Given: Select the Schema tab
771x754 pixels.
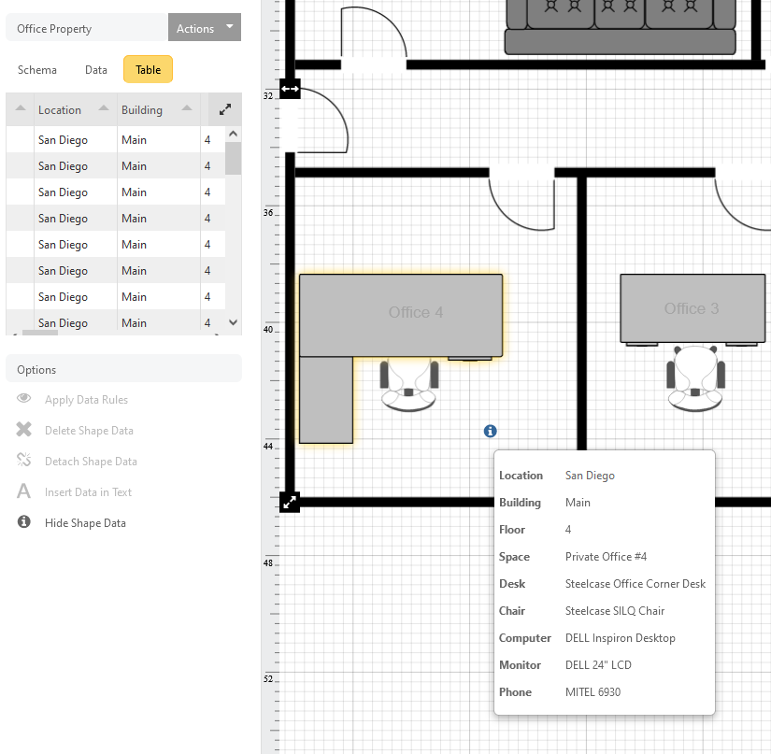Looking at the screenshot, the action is pyautogui.click(x=37, y=70).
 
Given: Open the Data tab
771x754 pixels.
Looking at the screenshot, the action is pyautogui.click(x=96, y=70).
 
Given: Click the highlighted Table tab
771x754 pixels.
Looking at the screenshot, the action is pyautogui.click(x=148, y=69).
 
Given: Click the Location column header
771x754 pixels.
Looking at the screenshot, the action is pyautogui.click(x=60, y=110).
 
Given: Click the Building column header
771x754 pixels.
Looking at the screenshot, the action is pyautogui.click(x=142, y=110).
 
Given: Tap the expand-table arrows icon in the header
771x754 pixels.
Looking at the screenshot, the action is pyautogui.click(x=225, y=109).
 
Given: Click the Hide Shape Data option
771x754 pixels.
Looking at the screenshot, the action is pyautogui.click(x=85, y=523).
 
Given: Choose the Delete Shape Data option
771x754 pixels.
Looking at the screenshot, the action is pyautogui.click(x=89, y=431).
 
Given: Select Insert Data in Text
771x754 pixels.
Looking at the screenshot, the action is pyautogui.click(x=88, y=492).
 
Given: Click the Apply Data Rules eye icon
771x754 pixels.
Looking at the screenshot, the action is pyautogui.click(x=23, y=398).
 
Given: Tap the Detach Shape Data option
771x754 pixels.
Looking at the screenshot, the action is pyautogui.click(x=91, y=461).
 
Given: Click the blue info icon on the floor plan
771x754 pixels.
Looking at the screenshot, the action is pyautogui.click(x=491, y=431).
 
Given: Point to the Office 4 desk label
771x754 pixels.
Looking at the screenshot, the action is pyautogui.click(x=416, y=312).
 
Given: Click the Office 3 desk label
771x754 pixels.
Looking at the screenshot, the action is pyautogui.click(x=692, y=308).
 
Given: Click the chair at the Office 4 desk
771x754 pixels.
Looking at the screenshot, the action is pyautogui.click(x=409, y=386).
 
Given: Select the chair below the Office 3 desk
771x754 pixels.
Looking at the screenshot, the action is pyautogui.click(x=695, y=378).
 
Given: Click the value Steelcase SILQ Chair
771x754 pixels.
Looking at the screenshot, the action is pyautogui.click(x=615, y=611).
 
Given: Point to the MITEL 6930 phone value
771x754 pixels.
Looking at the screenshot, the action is pyautogui.click(x=593, y=692).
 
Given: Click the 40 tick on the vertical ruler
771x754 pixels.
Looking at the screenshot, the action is pyautogui.click(x=268, y=329).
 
